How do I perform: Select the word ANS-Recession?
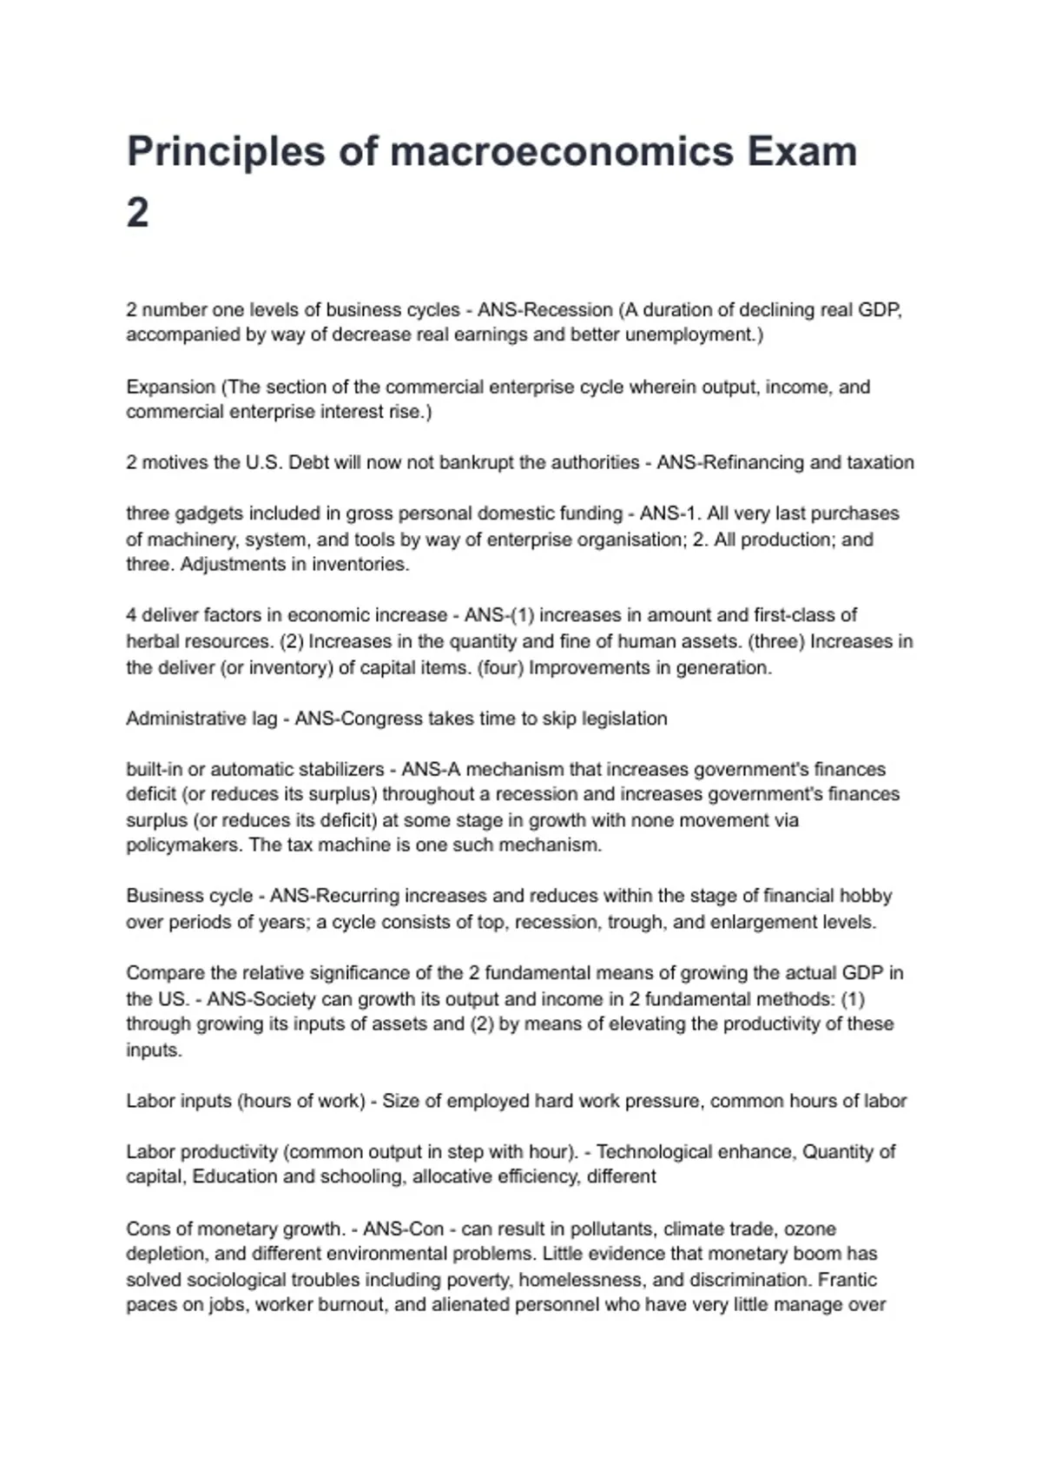[x=545, y=310]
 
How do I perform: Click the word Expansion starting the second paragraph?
[x=170, y=387]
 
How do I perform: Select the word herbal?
[x=152, y=641]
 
